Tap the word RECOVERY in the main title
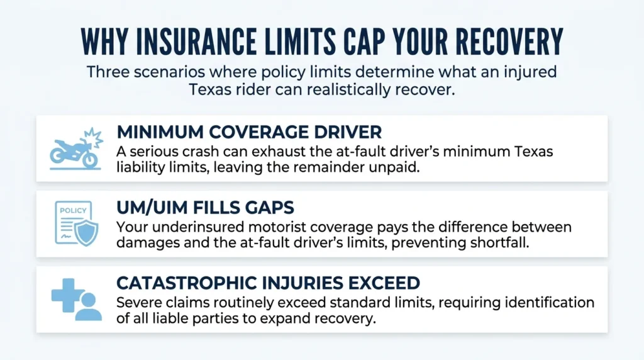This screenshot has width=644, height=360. pos(509,42)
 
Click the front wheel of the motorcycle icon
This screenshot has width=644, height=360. pos(90,159)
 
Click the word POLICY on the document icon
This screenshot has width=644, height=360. pos(73,210)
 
